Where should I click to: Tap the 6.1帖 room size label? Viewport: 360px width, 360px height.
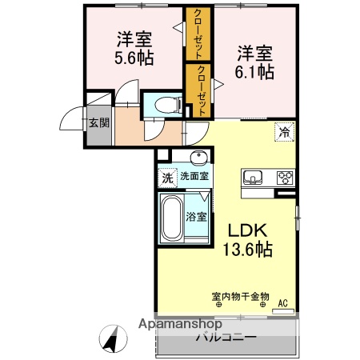click(255, 72)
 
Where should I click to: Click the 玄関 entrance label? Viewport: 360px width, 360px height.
click(98, 122)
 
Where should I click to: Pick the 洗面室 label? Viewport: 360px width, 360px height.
click(194, 177)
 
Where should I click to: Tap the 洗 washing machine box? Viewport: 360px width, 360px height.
click(167, 177)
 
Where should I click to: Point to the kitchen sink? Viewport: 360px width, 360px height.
click(252, 177)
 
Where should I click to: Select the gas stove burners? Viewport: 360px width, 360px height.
click(285, 177)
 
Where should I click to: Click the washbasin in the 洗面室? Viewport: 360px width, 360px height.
click(198, 157)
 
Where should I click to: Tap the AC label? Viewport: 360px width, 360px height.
click(282, 302)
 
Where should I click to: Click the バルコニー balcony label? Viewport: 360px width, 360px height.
click(226, 337)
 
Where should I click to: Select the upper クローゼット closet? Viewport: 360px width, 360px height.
click(197, 34)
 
